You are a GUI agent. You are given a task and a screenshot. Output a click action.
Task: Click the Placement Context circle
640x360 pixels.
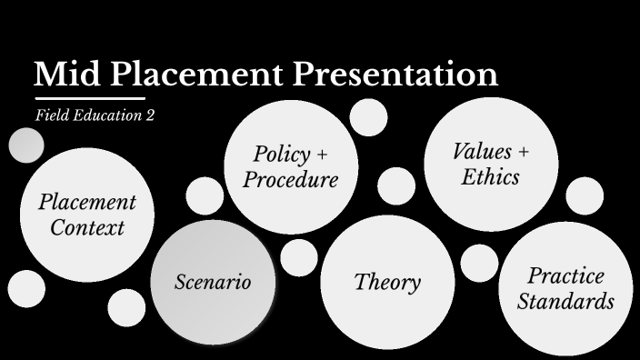coord(86,215)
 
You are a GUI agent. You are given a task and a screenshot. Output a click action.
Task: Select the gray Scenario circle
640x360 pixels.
coord(213,282)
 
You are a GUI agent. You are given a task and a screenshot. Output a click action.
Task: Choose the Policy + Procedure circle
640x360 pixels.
coord(291,166)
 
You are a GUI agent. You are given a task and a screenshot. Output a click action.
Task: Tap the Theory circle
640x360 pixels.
coord(387,282)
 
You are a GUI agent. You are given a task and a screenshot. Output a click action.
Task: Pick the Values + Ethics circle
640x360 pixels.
coord(490,164)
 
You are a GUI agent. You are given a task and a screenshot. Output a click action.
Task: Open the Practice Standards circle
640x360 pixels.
coord(565,288)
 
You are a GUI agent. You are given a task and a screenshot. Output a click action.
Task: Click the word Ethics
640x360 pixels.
coord(490,176)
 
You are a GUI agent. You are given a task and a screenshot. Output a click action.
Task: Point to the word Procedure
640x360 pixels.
coord(291,179)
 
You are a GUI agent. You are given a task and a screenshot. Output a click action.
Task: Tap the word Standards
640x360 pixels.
coord(565,302)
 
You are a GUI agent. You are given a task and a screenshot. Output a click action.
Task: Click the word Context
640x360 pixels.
coord(86,227)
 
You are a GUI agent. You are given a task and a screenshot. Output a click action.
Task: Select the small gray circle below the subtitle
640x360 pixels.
coord(26,145)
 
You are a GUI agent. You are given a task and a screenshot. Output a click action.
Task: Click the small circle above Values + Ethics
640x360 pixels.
coord(368,116)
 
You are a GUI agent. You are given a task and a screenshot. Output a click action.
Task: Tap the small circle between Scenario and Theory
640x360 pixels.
coord(299,257)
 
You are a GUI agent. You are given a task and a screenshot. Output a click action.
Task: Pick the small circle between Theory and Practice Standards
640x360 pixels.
coord(479,264)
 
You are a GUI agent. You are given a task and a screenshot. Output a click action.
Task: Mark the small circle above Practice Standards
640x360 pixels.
coord(585,195)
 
